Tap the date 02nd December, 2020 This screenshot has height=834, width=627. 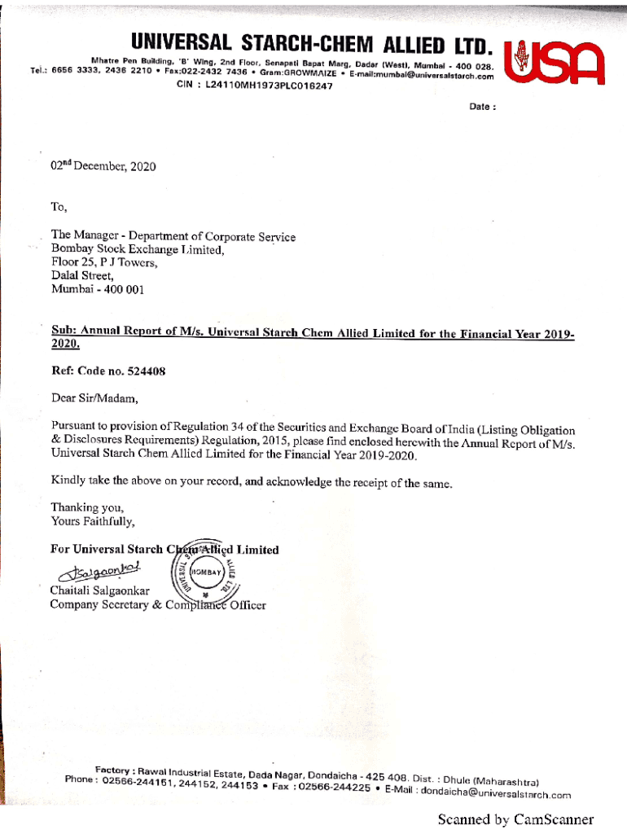point(103,166)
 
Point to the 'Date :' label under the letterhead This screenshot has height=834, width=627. point(483,107)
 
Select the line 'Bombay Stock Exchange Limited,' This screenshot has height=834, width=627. point(137,250)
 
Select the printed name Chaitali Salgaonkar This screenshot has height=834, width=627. point(100,590)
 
